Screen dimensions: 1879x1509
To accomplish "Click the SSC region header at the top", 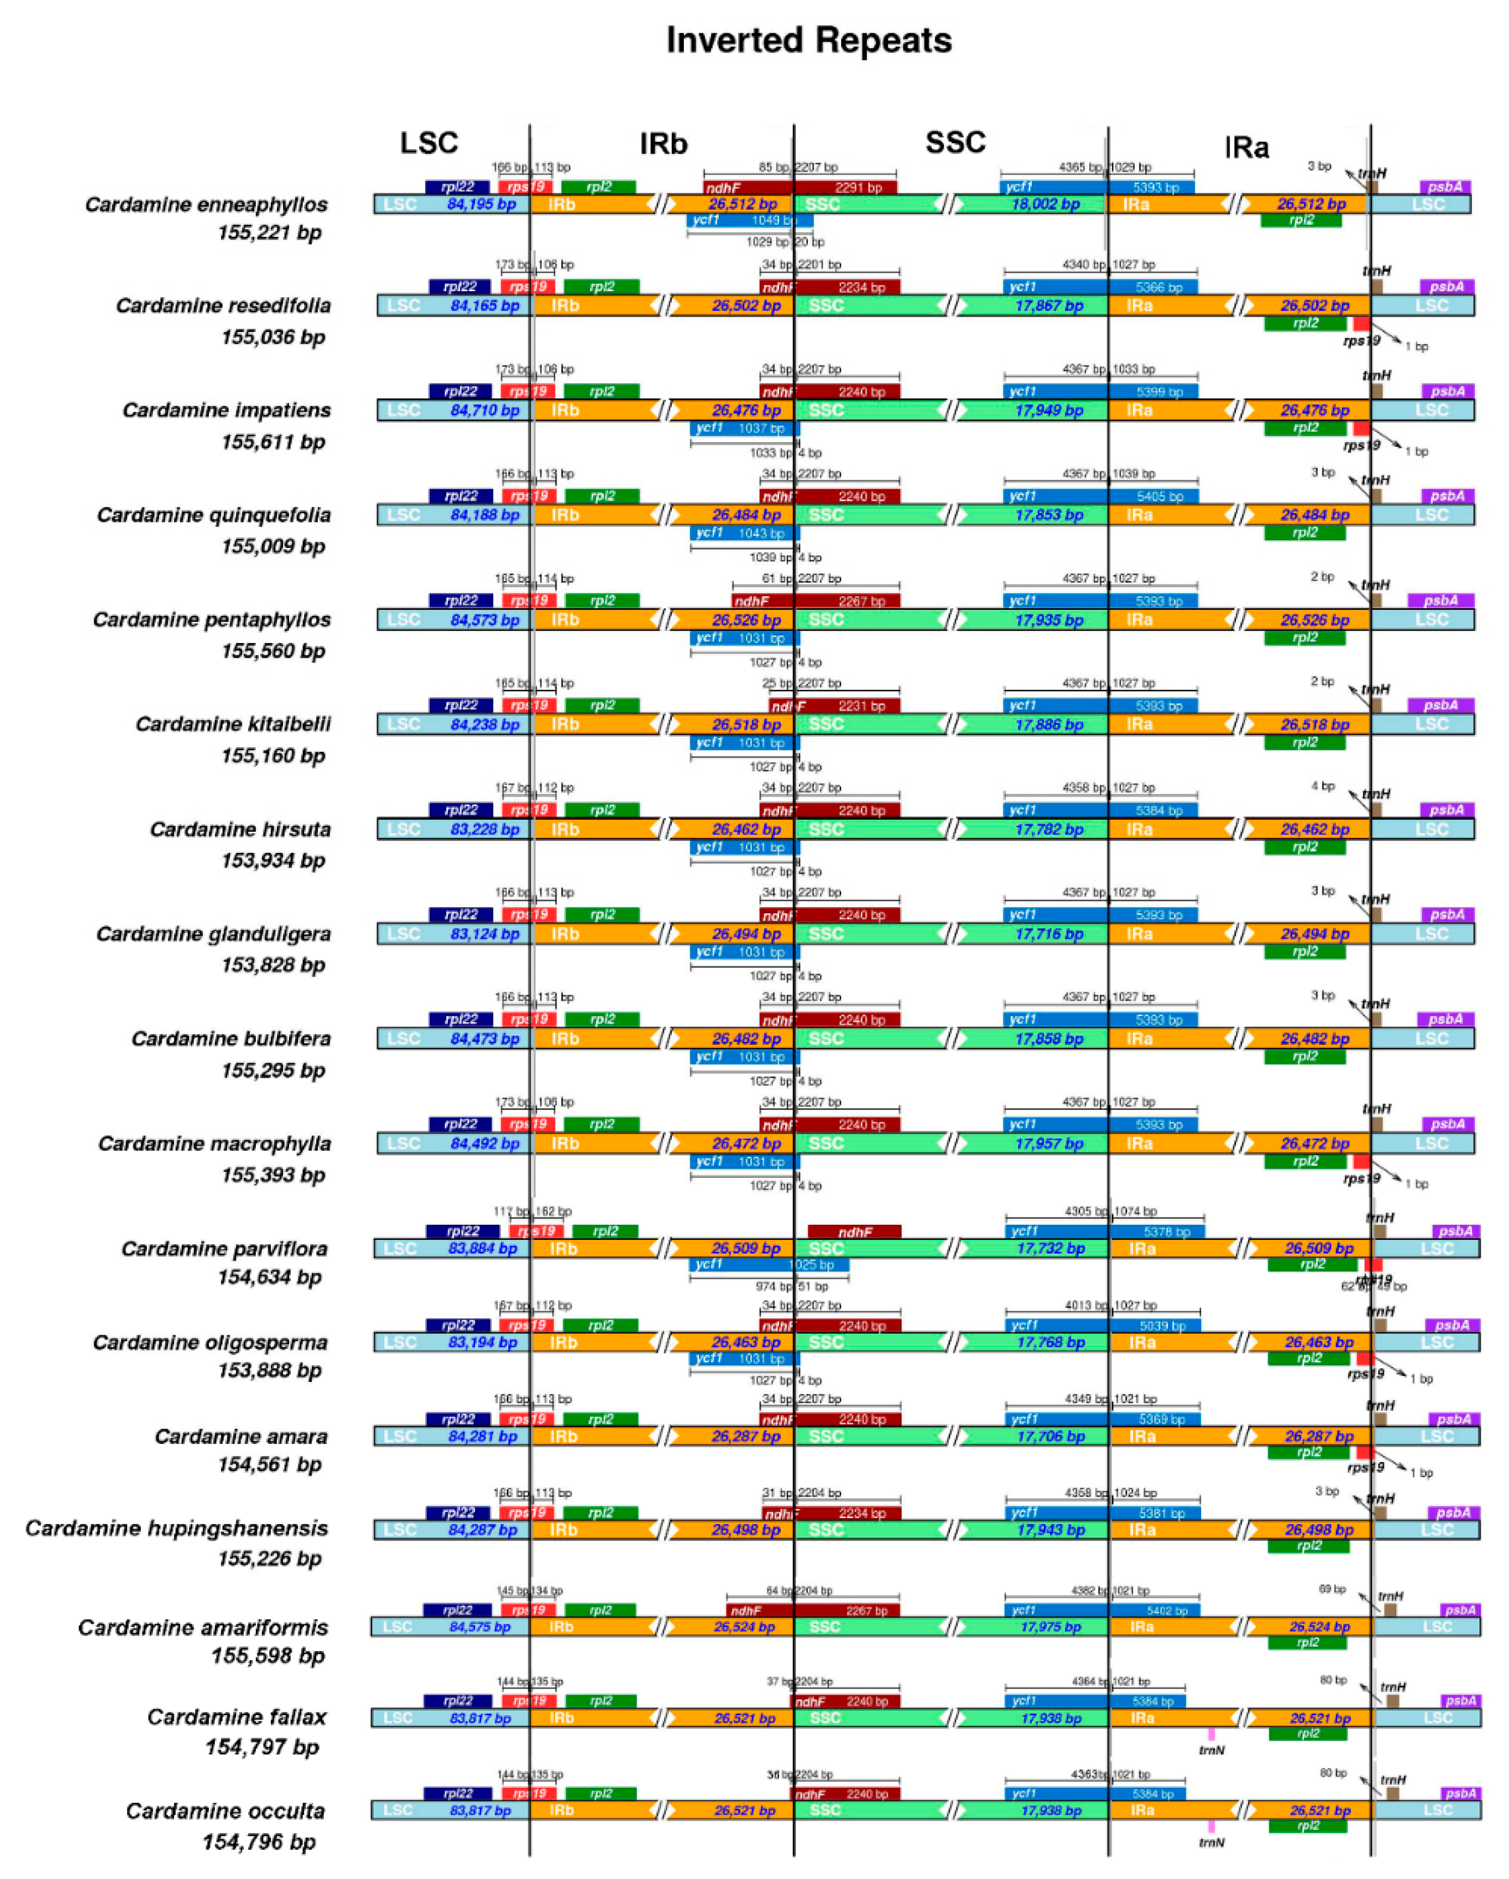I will [x=955, y=142].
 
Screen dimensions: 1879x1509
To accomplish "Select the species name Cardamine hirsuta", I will [x=240, y=829].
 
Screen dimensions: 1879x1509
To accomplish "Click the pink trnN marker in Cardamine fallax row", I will [x=1211, y=1735].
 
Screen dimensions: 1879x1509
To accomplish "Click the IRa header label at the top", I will [x=1246, y=147].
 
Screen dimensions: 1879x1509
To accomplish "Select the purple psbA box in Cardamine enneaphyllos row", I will [x=1445, y=187].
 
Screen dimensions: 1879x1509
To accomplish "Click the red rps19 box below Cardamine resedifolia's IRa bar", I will [x=1361, y=323].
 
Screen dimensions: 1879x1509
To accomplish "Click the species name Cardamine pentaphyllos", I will [x=212, y=620].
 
